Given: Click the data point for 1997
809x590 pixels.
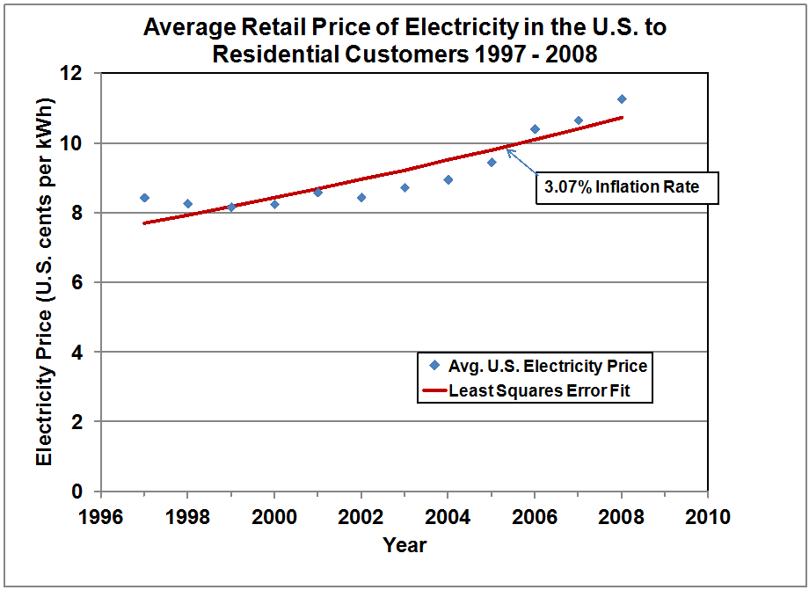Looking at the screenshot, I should click(x=144, y=198).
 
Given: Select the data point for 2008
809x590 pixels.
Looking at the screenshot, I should click(x=622, y=99).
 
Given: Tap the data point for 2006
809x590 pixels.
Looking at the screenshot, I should click(x=535, y=129).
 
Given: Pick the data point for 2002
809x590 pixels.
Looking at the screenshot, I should click(x=361, y=198).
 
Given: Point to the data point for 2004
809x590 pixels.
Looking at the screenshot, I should click(x=448, y=179).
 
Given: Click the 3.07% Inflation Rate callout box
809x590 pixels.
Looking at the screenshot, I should click(x=627, y=187).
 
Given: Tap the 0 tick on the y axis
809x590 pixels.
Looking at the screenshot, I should click(x=85, y=492).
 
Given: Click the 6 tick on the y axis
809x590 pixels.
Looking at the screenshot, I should click(x=85, y=282).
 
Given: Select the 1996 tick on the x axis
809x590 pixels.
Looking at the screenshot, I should click(x=101, y=516).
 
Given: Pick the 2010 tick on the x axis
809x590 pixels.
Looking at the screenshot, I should click(x=708, y=516).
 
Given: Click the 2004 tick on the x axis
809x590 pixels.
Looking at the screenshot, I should click(x=448, y=516).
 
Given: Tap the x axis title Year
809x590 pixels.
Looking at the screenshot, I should click(x=404, y=545).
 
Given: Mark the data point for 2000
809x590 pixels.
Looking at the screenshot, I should click(x=274, y=204).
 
